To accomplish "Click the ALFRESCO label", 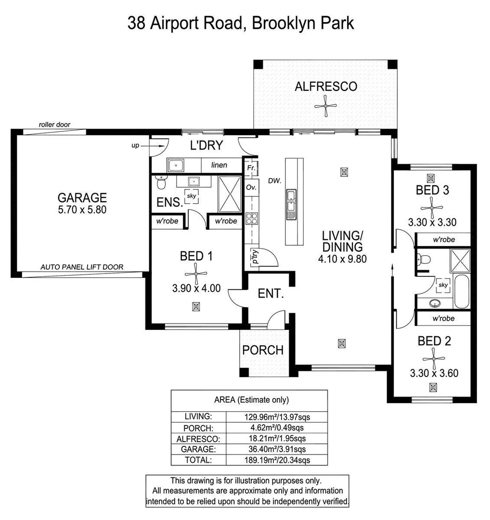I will pos(326,87).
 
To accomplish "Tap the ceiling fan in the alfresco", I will pos(326,105).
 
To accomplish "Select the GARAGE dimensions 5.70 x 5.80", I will pos(82,209).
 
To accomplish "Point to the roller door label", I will pos(54,125).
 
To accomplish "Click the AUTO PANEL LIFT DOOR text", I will pos(82,267).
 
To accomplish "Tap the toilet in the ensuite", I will pos(161,183).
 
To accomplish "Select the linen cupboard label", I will pos(219,165).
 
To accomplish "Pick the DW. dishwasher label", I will pos(275,181).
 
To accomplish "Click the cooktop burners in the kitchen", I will pos(251,219).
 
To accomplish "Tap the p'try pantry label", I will pos(253,256).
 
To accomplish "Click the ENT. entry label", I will pos(271,293).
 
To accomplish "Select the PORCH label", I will pos(263,350).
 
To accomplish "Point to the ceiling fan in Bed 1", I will pos(196,273).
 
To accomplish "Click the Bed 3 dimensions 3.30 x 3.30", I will pos(432,222).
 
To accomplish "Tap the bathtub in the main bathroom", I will pos(461,291).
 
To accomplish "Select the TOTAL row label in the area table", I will pos(198,460).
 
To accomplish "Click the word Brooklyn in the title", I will pos(276,23).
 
